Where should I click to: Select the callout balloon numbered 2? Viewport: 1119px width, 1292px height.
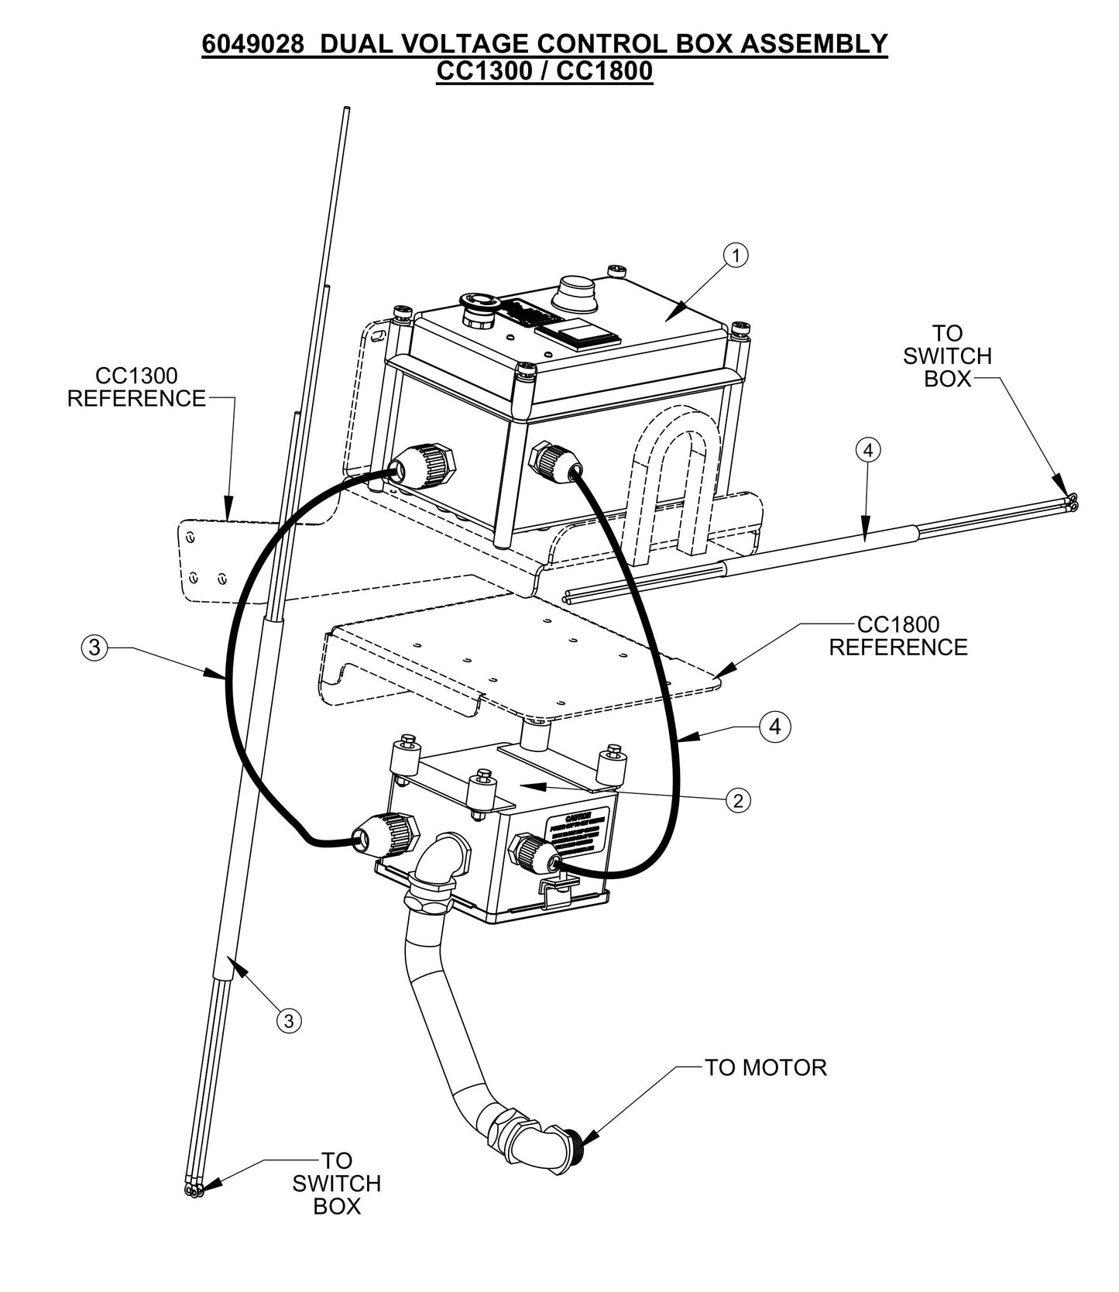click(738, 800)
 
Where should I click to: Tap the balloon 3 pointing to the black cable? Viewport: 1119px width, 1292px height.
click(94, 647)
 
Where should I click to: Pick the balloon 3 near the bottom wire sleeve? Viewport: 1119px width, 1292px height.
click(288, 1020)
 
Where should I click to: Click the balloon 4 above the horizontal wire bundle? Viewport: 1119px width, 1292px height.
click(868, 449)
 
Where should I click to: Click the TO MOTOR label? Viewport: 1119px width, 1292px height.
click(765, 1067)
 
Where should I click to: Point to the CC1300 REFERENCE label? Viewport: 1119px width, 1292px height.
click(136, 387)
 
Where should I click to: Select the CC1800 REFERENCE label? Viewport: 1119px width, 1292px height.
click(898, 636)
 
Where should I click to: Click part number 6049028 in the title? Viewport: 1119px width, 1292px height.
click(252, 44)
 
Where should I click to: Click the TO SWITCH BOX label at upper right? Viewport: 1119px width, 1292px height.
click(947, 356)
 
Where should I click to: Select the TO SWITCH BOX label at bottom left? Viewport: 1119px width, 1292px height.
click(337, 1183)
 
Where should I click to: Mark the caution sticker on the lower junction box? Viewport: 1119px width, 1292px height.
click(578, 834)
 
